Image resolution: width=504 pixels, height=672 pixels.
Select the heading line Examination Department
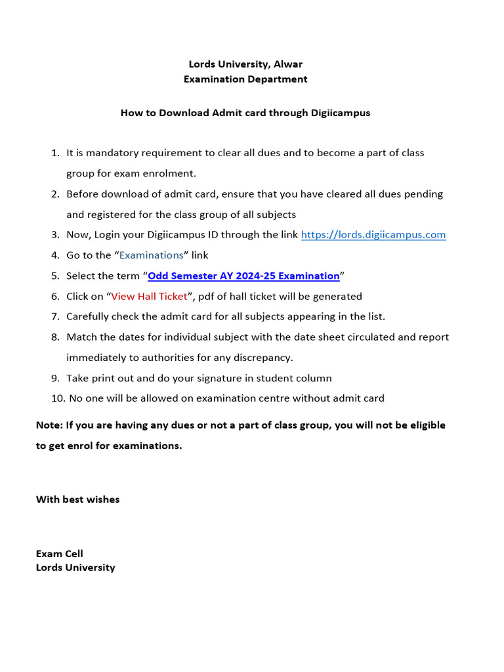click(245, 79)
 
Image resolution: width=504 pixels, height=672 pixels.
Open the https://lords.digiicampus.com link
click(373, 235)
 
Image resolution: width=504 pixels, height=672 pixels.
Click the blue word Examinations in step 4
click(151, 255)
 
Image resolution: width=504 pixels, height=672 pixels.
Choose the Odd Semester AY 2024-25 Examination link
click(243, 276)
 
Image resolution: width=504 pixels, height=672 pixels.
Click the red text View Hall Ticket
click(149, 297)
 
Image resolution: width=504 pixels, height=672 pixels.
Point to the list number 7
click(55, 317)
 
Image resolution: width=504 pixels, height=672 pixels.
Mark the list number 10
click(57, 398)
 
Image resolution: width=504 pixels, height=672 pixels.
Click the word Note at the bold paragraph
click(49, 425)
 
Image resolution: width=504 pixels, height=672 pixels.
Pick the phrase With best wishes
click(77, 499)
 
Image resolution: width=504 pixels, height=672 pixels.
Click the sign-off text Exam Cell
click(60, 554)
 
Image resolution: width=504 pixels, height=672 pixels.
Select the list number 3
click(55, 235)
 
